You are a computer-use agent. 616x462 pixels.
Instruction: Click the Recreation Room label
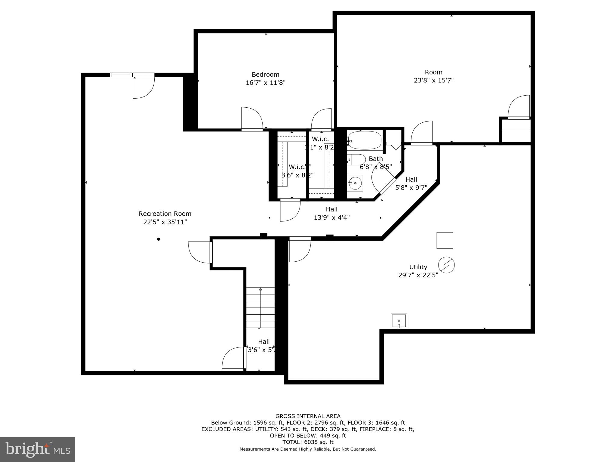click(x=165, y=214)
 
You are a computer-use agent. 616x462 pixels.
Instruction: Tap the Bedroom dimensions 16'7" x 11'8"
click(x=265, y=83)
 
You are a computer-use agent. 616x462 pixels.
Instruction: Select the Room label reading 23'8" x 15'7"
click(x=433, y=80)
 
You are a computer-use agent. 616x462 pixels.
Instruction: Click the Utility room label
click(x=418, y=267)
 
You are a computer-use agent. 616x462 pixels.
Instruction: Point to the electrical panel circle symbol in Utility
click(x=446, y=265)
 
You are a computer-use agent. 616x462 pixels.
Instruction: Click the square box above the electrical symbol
click(x=445, y=240)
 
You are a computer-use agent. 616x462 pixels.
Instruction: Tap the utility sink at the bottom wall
click(x=399, y=321)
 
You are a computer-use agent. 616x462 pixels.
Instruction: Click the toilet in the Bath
click(x=357, y=159)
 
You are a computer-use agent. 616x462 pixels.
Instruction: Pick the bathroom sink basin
click(x=355, y=183)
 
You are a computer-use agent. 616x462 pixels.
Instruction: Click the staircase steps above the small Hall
click(x=260, y=308)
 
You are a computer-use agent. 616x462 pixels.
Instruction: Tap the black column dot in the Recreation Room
click(x=159, y=239)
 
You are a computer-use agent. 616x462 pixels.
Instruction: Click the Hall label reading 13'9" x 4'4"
click(x=331, y=217)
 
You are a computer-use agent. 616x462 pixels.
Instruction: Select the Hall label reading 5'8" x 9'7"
click(x=411, y=188)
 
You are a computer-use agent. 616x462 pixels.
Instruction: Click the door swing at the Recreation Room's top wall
click(x=144, y=87)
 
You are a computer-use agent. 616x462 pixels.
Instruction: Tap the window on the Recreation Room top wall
click(x=121, y=75)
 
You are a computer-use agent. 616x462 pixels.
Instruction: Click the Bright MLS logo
click(x=38, y=449)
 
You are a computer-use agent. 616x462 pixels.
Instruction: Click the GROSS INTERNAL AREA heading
click(x=308, y=416)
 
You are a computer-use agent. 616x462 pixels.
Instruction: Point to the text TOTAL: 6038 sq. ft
click(x=308, y=442)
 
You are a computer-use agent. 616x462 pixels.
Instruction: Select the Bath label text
click(x=376, y=159)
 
